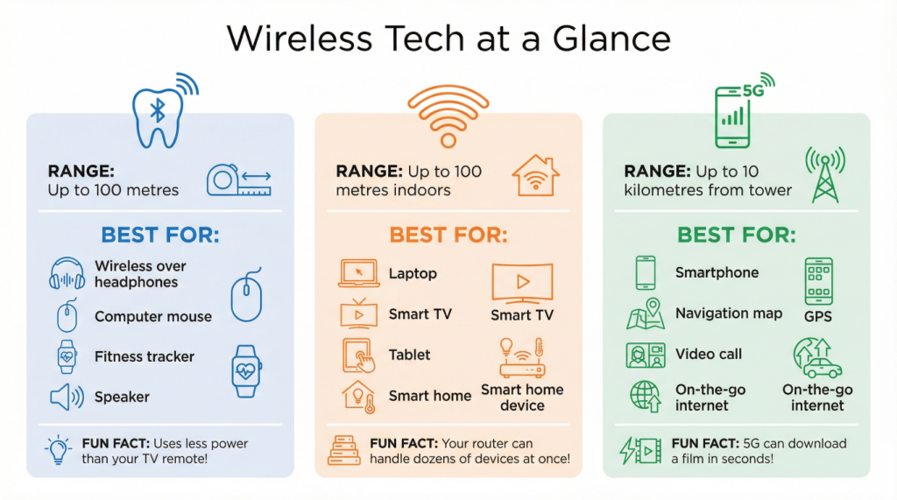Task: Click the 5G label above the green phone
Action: point(752,90)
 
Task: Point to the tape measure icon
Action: point(238,180)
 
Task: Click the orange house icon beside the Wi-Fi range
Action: point(536,175)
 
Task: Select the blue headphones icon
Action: point(67,274)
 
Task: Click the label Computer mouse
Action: point(153,316)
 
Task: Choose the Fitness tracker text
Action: point(145,356)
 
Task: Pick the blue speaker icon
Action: point(67,398)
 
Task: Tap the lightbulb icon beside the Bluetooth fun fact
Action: point(59,450)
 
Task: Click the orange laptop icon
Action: point(358,274)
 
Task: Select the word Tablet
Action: point(410,355)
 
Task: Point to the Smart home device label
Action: point(522,398)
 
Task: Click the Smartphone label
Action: point(717,272)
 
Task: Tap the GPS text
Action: point(817,316)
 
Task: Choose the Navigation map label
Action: point(729,313)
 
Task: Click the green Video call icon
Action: point(646,355)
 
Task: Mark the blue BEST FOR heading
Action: point(160,235)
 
